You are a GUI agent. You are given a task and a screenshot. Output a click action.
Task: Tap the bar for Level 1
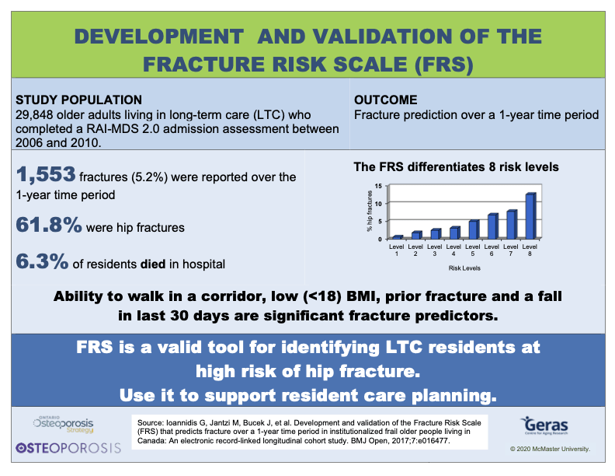point(398,236)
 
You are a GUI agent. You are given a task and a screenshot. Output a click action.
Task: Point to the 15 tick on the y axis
point(378,187)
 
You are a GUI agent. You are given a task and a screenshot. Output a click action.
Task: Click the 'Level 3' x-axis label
point(435,250)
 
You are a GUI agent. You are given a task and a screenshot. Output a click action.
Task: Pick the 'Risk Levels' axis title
point(464,268)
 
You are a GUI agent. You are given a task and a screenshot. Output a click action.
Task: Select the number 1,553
point(46,176)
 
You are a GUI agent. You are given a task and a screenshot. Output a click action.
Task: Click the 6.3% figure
point(41,262)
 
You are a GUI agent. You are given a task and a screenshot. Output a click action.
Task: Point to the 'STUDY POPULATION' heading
point(78,100)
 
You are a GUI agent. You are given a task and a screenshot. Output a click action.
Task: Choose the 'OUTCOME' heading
point(386,100)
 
